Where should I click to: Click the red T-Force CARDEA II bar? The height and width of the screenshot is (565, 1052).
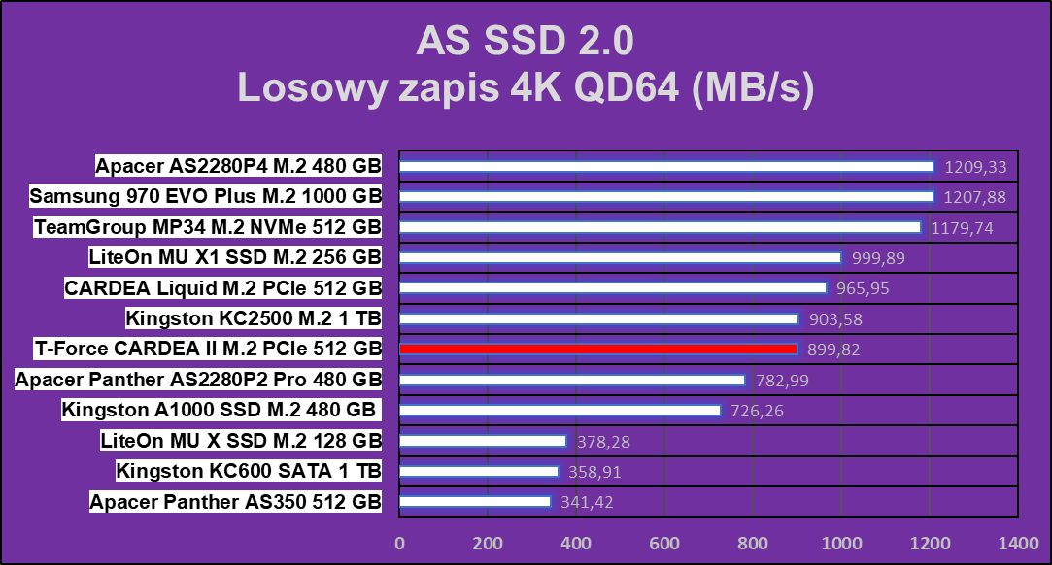(598, 349)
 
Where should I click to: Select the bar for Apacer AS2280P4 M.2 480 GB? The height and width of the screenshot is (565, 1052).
(666, 166)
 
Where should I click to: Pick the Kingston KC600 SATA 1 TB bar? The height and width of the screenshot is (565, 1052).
(479, 471)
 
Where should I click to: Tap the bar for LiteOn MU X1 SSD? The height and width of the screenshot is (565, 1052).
(620, 257)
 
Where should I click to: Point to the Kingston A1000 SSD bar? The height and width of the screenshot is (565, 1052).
(560, 410)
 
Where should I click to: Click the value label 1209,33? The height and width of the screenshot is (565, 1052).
(975, 167)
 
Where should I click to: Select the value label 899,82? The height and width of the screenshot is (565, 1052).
(832, 349)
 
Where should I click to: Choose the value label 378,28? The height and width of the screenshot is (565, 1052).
(602, 441)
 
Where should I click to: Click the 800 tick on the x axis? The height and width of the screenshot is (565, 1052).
(753, 542)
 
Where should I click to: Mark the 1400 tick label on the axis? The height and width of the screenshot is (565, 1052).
(1018, 542)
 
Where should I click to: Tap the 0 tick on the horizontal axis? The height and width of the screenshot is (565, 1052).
(399, 542)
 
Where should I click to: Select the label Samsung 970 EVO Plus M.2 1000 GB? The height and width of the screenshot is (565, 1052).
(206, 196)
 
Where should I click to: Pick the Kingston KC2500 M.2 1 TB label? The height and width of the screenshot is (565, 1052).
(254, 317)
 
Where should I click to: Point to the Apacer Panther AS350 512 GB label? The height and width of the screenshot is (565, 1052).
(236, 502)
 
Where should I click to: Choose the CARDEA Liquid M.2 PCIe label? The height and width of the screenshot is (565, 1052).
(222, 287)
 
